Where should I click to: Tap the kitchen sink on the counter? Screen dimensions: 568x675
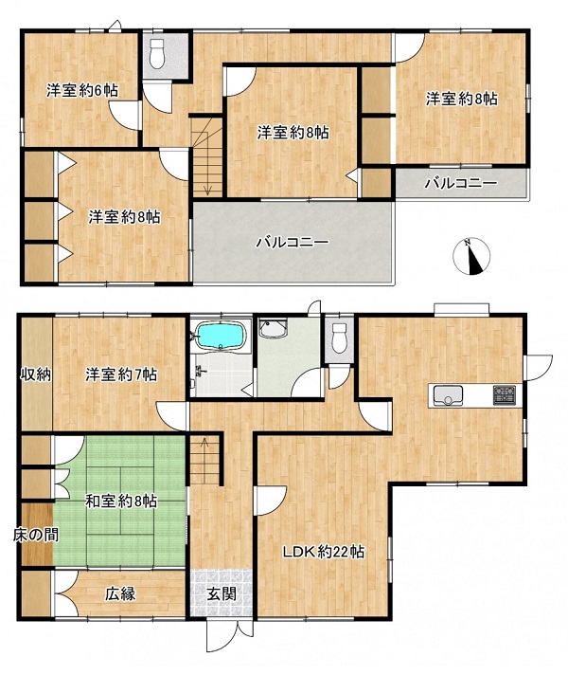point(448,395)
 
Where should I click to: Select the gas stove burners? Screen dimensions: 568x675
point(504,394)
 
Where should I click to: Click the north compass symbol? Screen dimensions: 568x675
point(471,257)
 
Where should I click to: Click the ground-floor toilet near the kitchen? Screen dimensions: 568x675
point(340,338)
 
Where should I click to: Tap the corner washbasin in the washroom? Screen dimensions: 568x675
point(274,329)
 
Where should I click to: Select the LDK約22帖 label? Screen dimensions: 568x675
point(324,552)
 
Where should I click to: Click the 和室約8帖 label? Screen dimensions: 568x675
point(121,502)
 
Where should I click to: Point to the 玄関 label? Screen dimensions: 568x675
point(222,594)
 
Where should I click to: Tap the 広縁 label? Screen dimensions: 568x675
point(121,594)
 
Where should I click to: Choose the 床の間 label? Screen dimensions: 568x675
point(36,535)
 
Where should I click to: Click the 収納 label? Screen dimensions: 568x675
point(37,374)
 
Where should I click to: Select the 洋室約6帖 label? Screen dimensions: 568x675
point(82,91)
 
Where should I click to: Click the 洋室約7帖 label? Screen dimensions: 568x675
point(121,374)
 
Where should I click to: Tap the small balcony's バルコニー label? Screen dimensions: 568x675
point(461,184)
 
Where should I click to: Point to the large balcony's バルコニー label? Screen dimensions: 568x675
point(293,243)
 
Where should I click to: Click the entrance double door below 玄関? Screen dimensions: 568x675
point(230,634)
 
